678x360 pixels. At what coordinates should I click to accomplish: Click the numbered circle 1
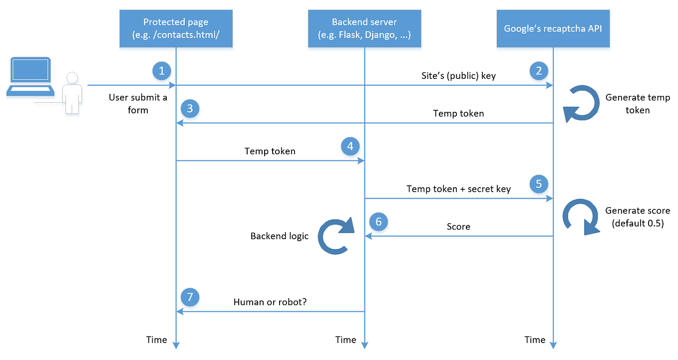[x=161, y=71]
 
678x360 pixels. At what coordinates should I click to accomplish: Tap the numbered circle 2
[x=539, y=71]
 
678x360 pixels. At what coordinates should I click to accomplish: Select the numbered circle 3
[x=190, y=108]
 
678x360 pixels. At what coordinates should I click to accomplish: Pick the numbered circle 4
[x=350, y=146]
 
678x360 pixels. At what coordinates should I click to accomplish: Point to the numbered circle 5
[x=539, y=183]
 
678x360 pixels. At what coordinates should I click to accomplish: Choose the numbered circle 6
[x=378, y=222]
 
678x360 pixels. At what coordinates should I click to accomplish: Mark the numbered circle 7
[x=190, y=297]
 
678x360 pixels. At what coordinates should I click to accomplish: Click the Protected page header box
[x=176, y=28]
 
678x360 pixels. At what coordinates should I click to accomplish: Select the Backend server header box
[x=364, y=28]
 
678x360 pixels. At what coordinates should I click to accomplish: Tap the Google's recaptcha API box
[x=553, y=28]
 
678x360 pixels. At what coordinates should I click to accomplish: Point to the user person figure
[x=73, y=93]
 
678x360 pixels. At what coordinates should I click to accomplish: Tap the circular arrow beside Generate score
[x=581, y=216]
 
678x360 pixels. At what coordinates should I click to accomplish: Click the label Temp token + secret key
[x=458, y=189]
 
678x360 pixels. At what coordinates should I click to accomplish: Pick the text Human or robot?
[x=270, y=302]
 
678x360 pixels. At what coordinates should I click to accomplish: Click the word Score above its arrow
[x=458, y=227]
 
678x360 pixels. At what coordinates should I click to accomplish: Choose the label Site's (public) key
[x=458, y=76]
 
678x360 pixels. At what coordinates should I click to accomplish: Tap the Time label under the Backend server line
[x=345, y=340]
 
